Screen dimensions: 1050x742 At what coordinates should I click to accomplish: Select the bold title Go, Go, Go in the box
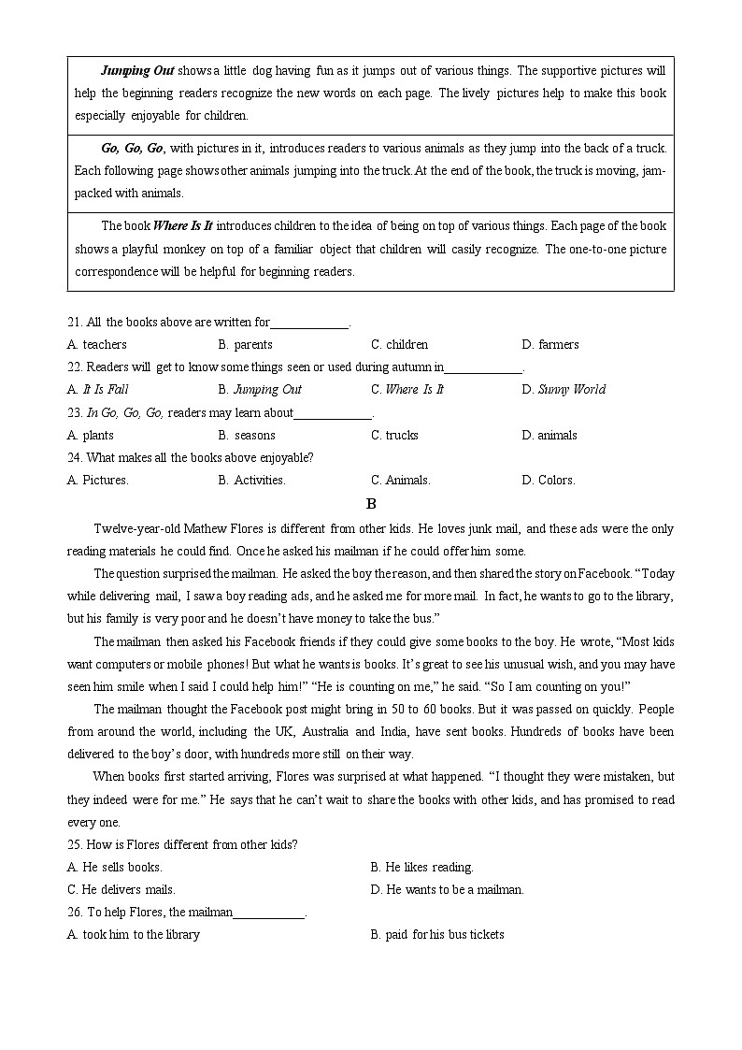click(132, 148)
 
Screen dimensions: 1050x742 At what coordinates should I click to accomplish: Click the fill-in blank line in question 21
click(309, 323)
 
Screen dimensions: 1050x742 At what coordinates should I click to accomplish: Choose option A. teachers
click(97, 345)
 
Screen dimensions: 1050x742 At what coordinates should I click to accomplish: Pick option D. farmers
click(550, 345)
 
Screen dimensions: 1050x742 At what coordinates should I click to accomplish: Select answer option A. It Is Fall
click(98, 390)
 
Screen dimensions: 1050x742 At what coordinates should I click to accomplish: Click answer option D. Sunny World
click(564, 390)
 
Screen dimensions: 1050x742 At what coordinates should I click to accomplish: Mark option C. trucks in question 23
click(394, 435)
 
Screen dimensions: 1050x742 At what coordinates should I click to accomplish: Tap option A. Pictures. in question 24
click(98, 481)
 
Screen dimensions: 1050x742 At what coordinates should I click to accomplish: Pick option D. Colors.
click(549, 481)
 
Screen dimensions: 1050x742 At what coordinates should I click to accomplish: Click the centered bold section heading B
click(371, 504)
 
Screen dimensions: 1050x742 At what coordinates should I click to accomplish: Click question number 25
click(75, 844)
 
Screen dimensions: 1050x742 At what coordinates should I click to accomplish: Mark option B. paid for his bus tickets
click(436, 934)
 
